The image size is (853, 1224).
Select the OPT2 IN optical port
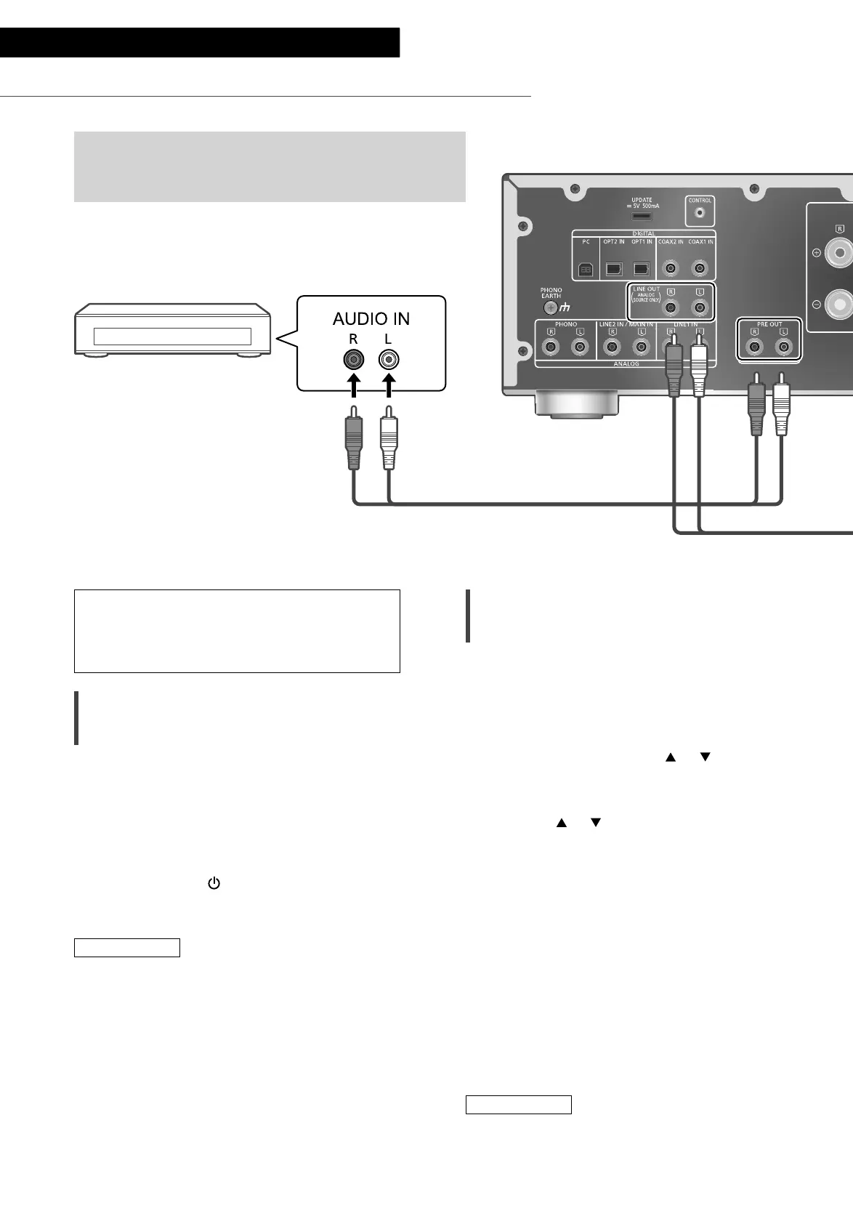tap(613, 270)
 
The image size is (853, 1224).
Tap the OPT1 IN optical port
tap(641, 270)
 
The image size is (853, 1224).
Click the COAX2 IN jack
tap(671, 270)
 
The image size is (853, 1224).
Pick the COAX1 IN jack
tap(700, 270)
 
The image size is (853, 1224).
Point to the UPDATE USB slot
tap(642, 216)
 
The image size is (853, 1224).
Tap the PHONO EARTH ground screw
tap(551, 307)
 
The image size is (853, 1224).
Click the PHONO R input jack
tap(551, 347)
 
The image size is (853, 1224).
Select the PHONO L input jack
tap(580, 347)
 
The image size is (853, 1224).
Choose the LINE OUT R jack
tap(671, 307)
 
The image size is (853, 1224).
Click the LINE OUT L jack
tap(700, 307)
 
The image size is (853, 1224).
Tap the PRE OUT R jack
tap(756, 347)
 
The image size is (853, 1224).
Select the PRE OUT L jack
tap(783, 347)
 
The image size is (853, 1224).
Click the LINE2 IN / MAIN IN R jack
tap(613, 347)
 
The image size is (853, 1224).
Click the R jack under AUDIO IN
tap(353, 359)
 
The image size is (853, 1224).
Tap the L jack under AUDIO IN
tap(389, 359)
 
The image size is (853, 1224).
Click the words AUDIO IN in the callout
tap(371, 318)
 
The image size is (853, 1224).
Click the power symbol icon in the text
tap(214, 883)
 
